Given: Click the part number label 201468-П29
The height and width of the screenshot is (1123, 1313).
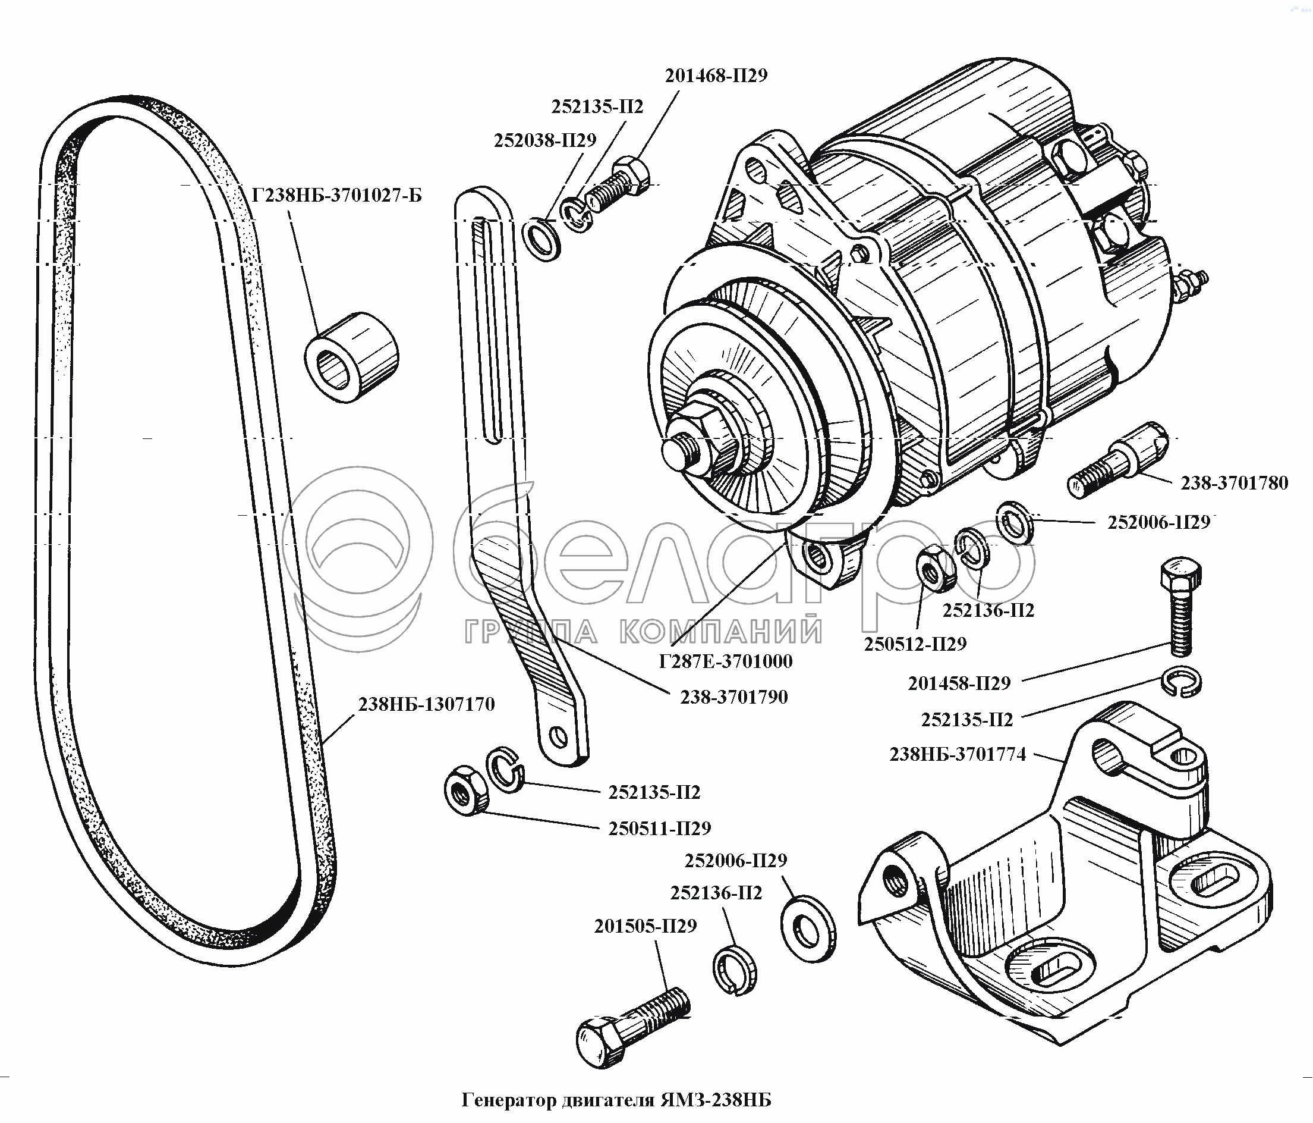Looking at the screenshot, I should (x=716, y=76).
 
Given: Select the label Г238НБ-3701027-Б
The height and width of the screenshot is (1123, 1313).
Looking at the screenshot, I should (x=336, y=195).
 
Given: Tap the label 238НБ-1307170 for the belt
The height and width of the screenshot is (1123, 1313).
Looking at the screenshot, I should (x=426, y=704).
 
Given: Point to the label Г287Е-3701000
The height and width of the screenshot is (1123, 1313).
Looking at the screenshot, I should (x=726, y=661).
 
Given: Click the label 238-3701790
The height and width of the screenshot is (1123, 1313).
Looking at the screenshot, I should (x=734, y=697).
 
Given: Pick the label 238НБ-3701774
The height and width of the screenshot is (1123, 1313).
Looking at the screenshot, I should (x=958, y=755).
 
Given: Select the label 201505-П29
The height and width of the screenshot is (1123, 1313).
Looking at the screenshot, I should (x=645, y=927).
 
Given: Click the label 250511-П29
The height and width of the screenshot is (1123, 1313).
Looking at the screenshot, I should (x=660, y=829).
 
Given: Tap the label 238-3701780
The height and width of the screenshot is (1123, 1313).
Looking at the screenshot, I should (x=1235, y=483).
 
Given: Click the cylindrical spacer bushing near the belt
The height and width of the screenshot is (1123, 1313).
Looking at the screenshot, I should (x=352, y=356).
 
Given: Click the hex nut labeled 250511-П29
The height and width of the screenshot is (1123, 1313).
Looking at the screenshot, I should (x=466, y=789).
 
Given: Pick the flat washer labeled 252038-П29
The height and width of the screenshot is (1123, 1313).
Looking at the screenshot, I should (x=542, y=239).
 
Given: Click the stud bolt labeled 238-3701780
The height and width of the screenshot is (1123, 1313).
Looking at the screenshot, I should (x=1119, y=460).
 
